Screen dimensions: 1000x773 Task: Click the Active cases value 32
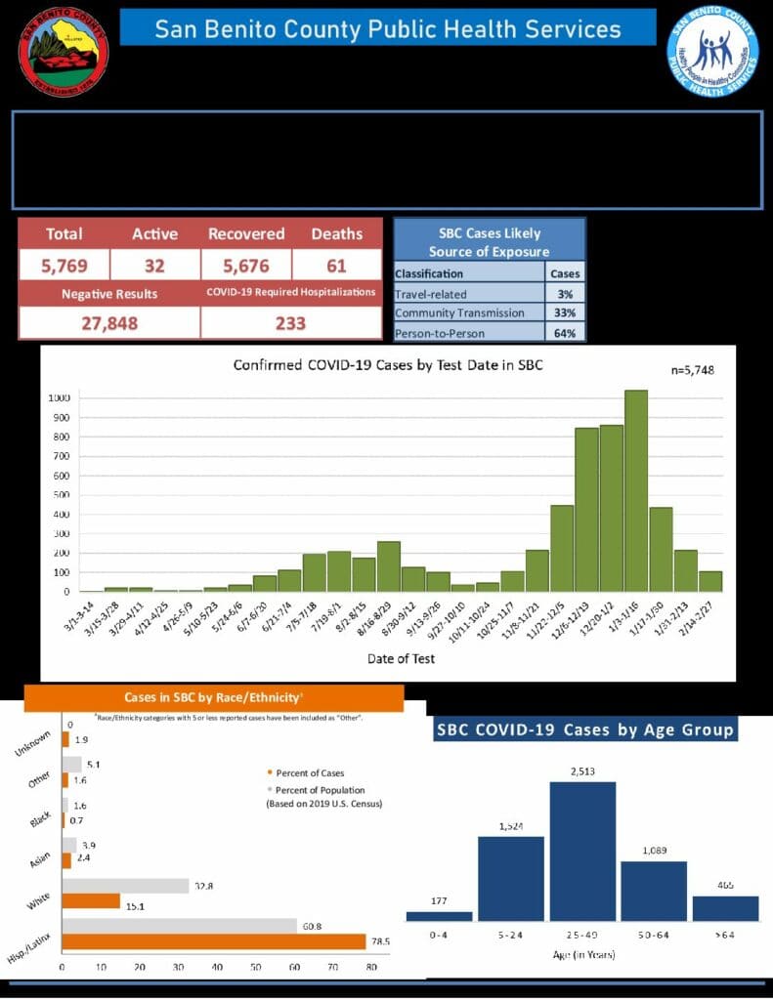tap(155, 265)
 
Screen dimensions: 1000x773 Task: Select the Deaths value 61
tap(336, 265)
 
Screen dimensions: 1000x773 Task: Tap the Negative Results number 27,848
tap(108, 323)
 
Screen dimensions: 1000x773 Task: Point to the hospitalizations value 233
tap(290, 323)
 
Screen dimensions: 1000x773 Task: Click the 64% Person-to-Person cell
tap(566, 333)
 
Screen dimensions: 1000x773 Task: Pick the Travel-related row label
tap(431, 293)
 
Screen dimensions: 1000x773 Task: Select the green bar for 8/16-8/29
tap(388, 566)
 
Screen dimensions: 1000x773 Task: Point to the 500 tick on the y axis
tap(60, 495)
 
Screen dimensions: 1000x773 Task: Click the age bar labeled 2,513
tap(582, 851)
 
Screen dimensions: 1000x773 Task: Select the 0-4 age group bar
tap(439, 916)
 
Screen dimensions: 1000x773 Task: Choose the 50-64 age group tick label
tap(653, 935)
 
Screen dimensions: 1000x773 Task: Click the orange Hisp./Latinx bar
tap(214, 941)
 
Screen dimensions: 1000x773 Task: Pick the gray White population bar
tap(125, 886)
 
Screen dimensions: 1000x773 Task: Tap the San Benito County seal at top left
tap(64, 50)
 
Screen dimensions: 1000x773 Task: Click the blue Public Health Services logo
tap(712, 51)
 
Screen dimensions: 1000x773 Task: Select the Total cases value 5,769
tap(64, 265)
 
